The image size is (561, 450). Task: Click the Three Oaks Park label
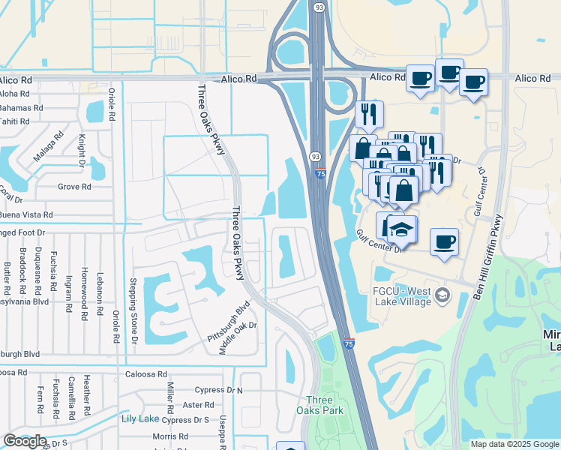pyautogui.click(x=324, y=405)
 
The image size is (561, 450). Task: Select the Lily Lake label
pyautogui.click(x=140, y=418)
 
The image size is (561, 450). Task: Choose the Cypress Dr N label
pyautogui.click(x=218, y=390)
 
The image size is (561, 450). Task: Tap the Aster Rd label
pyautogui.click(x=199, y=404)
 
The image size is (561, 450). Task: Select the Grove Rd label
pyautogui.click(x=73, y=187)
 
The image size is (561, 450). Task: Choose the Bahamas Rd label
pyautogui.click(x=20, y=108)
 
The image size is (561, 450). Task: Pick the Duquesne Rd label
pyautogui.click(x=37, y=271)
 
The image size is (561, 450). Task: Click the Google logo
pyautogui.click(x=25, y=441)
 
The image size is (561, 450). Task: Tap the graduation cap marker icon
pyautogui.click(x=402, y=229)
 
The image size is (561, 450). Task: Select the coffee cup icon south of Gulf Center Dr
pyautogui.click(x=444, y=242)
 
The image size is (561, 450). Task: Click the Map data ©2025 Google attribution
pyautogui.click(x=514, y=444)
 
